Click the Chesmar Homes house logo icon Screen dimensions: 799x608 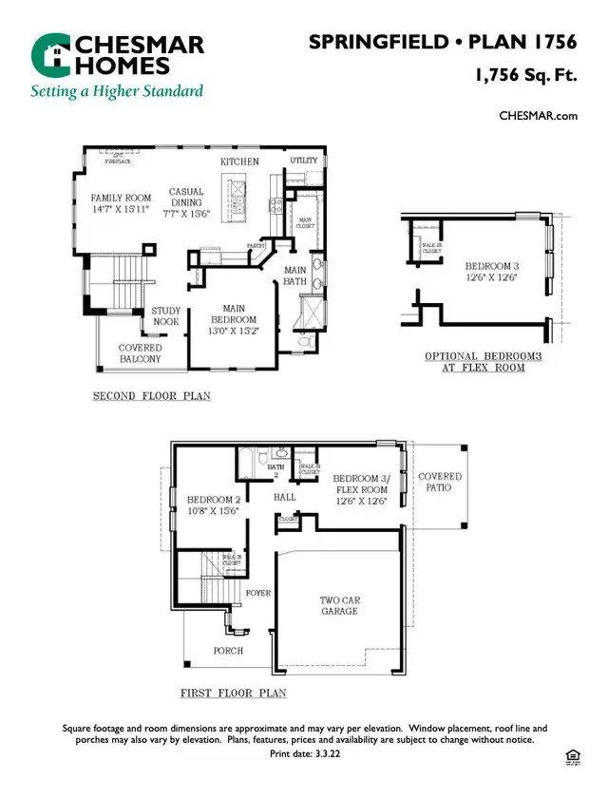click(x=49, y=54)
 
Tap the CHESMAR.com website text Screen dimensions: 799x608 click(x=539, y=116)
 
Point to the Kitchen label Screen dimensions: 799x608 click(x=239, y=162)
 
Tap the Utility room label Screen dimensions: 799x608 click(x=304, y=161)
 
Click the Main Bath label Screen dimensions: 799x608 click(x=295, y=276)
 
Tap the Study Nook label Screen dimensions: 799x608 click(x=166, y=316)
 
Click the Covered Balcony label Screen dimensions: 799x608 click(x=140, y=353)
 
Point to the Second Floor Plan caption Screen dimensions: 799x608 click(x=152, y=396)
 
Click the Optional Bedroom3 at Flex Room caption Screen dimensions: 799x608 click(x=483, y=362)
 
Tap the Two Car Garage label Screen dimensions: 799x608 click(x=338, y=605)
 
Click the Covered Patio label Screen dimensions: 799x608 click(x=440, y=482)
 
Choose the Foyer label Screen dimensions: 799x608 click(x=257, y=593)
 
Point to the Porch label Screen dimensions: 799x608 click(x=228, y=651)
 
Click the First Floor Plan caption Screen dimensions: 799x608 click(x=234, y=694)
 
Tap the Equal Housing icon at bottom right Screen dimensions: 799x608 click(x=571, y=756)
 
